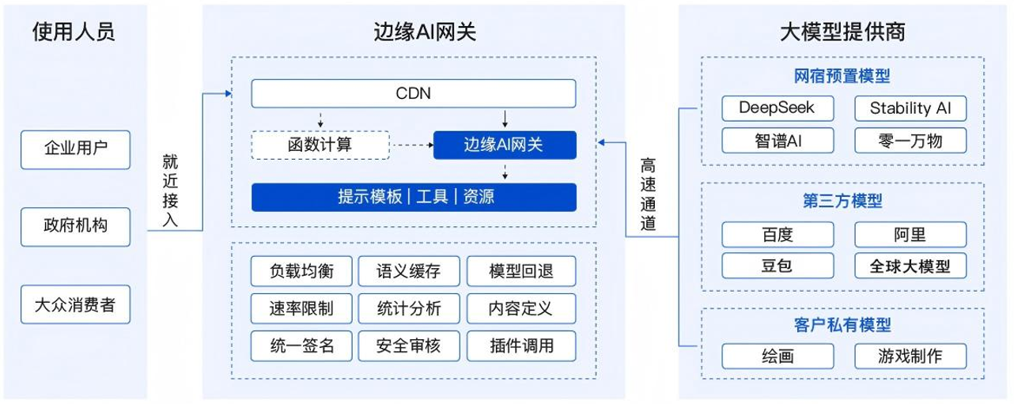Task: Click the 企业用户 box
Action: coord(75,146)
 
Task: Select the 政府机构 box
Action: coord(75,226)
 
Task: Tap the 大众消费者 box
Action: coord(75,305)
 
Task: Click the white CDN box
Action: coord(414,94)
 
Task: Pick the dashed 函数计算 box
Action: coord(320,145)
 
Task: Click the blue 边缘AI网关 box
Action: coord(505,145)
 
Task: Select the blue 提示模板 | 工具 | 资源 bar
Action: coord(414,197)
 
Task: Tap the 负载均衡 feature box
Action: coord(301,271)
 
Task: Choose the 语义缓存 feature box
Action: coord(410,271)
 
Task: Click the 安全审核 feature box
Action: coord(410,345)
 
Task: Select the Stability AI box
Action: coord(910,108)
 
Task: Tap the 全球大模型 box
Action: coord(910,266)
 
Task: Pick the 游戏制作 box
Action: coord(910,356)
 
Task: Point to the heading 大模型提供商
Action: coord(842,32)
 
